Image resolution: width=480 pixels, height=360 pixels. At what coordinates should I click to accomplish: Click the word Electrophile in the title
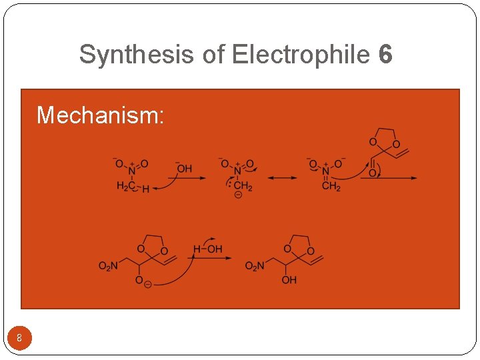tap(300, 55)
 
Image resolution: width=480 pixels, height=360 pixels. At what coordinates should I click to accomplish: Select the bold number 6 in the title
tap(385, 55)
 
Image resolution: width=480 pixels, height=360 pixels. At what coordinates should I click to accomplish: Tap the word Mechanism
tap(100, 115)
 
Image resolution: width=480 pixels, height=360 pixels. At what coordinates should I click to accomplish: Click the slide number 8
tap(19, 338)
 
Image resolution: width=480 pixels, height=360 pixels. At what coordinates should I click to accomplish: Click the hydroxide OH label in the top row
tap(184, 169)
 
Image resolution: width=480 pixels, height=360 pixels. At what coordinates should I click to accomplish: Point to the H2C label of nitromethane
tap(125, 187)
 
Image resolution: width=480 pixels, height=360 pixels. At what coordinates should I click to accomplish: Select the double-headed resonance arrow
tap(283, 178)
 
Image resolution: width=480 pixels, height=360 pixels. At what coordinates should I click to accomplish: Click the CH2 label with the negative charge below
tap(243, 186)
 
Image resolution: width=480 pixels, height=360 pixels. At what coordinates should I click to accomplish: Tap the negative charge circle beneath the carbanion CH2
tap(238, 195)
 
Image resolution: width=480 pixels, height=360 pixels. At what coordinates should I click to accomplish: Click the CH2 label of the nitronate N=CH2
tap(331, 187)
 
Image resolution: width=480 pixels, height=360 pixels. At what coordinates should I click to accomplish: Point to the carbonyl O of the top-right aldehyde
tap(371, 173)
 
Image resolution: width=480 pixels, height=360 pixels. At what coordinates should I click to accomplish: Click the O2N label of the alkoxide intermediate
tap(108, 267)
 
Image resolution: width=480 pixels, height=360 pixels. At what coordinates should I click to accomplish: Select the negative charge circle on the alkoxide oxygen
tap(147, 283)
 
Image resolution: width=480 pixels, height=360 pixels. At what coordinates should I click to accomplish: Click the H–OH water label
tap(208, 249)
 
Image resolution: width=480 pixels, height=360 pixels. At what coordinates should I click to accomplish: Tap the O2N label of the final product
tap(255, 267)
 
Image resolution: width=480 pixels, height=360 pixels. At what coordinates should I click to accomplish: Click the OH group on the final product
tap(289, 281)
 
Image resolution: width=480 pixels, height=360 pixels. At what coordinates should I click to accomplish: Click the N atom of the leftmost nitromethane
tap(131, 172)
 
